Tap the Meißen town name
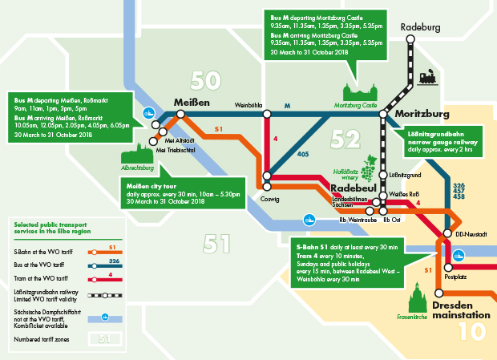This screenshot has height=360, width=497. pos(192,103)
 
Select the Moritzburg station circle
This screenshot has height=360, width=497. pos(384,115)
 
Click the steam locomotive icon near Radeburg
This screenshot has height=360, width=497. pos(426,79)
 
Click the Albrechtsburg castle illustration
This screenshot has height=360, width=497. pos(136,154)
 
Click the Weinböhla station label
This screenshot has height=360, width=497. pos(248,105)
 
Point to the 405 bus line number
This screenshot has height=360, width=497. pos(303,153)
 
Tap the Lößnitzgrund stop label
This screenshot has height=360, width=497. pos(405,175)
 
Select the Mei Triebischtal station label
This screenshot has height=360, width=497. pos(177,149)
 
